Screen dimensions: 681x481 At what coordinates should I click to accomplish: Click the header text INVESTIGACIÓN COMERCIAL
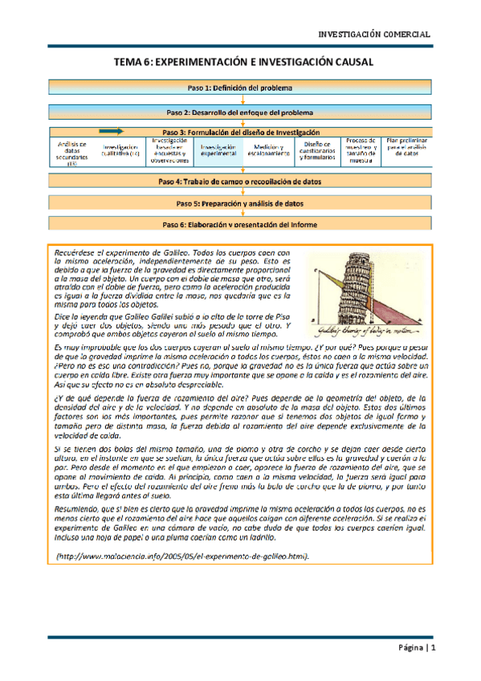pyautogui.click(x=375, y=35)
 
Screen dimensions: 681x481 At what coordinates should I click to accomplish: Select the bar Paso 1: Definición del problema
pyautogui.click(x=240, y=87)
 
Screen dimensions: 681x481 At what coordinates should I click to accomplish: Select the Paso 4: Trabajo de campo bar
pyautogui.click(x=240, y=182)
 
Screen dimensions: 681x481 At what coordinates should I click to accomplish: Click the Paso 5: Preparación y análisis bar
pyautogui.click(x=240, y=204)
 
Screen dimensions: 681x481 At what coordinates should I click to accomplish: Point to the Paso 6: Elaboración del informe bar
pyautogui.click(x=240, y=225)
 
